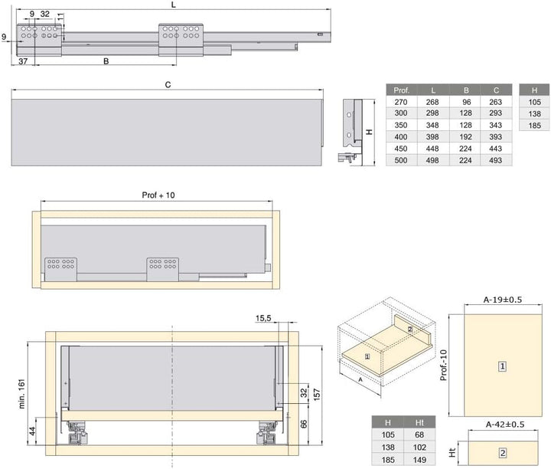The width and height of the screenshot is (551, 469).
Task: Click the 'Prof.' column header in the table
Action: (x=401, y=90)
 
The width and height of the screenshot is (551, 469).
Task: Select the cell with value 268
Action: (x=432, y=102)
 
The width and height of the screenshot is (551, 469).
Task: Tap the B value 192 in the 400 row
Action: (x=465, y=137)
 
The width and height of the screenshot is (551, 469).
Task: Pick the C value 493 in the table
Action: (x=495, y=160)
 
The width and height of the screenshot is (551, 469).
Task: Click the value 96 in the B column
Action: (x=466, y=102)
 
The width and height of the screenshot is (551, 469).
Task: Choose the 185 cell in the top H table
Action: (x=534, y=125)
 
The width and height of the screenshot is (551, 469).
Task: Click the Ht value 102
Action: (x=419, y=448)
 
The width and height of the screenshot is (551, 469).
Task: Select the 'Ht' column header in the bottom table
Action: (x=419, y=422)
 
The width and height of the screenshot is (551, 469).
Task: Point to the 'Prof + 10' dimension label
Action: (x=158, y=195)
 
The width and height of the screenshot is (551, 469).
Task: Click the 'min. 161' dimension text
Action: (x=22, y=394)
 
